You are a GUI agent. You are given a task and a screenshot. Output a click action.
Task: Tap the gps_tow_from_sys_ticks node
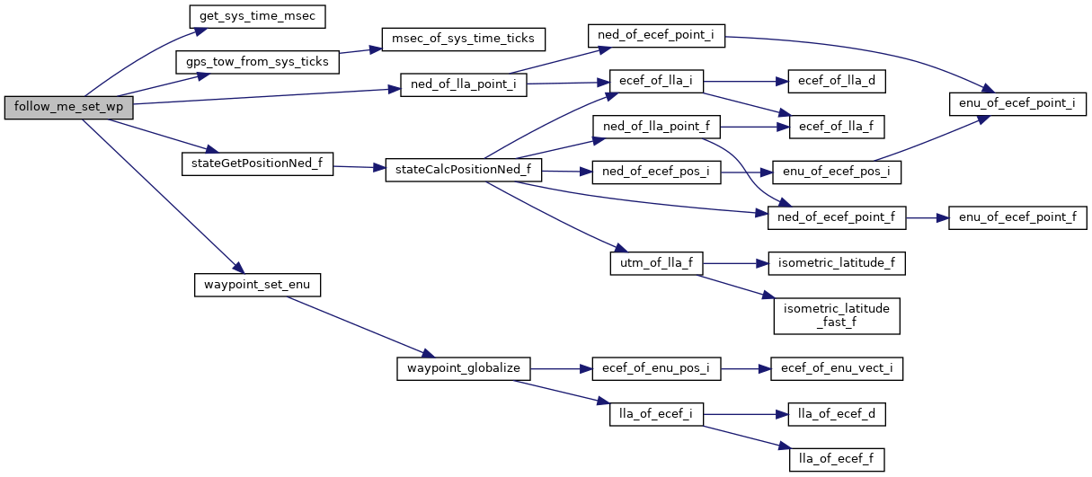coord(258,62)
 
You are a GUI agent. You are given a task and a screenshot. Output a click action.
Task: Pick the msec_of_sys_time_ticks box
coord(464,39)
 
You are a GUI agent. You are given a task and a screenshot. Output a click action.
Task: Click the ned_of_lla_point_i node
coord(463,85)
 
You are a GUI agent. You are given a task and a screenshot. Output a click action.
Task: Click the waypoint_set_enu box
coord(257,285)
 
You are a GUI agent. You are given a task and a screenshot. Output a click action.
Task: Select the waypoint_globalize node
coord(464,368)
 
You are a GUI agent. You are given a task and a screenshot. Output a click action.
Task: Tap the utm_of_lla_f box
coord(655,263)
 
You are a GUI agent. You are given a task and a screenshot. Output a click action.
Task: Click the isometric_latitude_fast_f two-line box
coord(836,314)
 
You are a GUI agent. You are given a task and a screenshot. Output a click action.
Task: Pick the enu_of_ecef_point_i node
coord(1012,103)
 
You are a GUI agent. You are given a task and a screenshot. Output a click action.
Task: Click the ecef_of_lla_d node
coord(836,81)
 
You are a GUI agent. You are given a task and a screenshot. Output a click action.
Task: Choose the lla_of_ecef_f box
coord(836,459)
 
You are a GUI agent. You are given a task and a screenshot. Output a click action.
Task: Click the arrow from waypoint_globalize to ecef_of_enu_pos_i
coord(562,368)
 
